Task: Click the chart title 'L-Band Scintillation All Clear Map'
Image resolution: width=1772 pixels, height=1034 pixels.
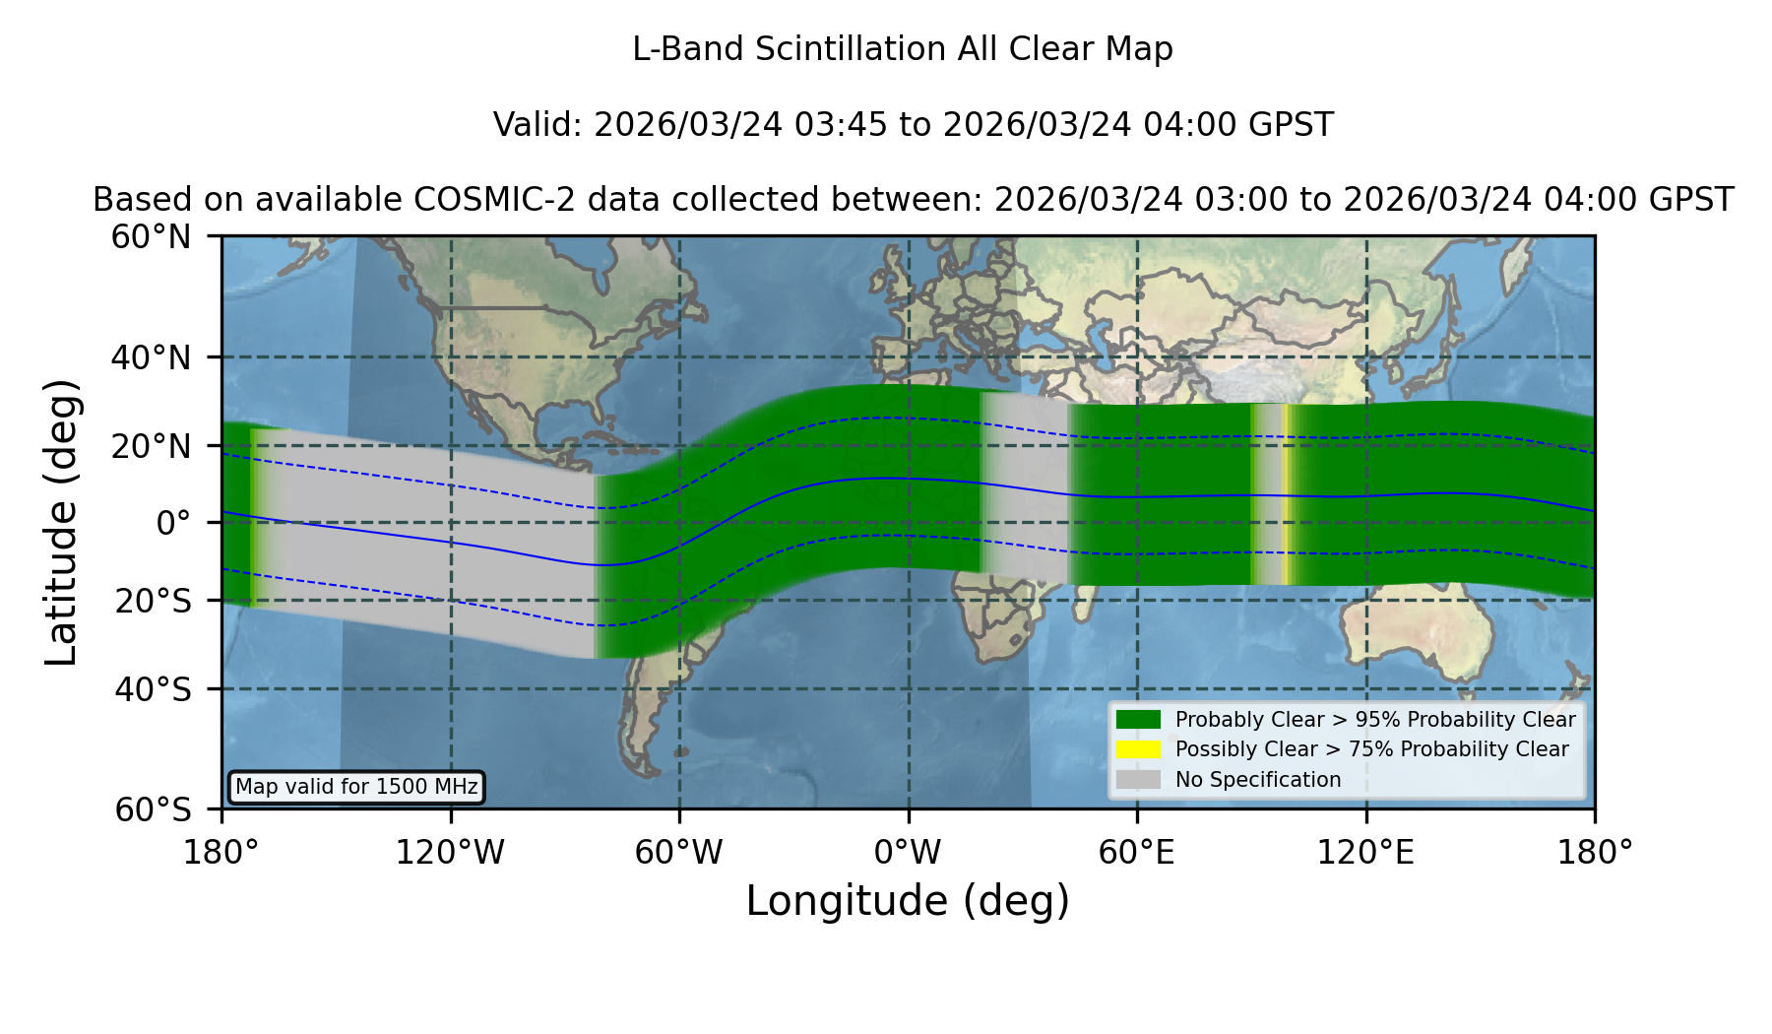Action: pos(902,49)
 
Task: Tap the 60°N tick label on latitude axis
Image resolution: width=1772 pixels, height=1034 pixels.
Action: pos(152,236)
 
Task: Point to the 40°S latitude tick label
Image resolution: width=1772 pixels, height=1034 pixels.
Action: pos(152,689)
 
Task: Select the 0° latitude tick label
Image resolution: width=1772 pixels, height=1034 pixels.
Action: pos(173,523)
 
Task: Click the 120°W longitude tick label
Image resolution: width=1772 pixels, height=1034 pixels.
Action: pos(450,852)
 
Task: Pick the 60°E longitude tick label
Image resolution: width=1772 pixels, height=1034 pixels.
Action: pos(1137,852)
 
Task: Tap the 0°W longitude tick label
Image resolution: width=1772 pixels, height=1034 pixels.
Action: pos(908,852)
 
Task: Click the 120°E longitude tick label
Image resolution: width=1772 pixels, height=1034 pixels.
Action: pos(1365,852)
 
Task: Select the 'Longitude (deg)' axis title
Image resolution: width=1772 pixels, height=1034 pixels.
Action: pos(908,901)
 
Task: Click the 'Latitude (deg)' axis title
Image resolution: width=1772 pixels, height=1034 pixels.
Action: pos(61,522)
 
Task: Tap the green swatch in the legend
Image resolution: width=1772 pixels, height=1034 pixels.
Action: pos(1139,719)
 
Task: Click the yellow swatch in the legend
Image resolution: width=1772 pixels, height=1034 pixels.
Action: pos(1139,749)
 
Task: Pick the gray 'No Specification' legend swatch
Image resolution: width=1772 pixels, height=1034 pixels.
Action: pos(1139,779)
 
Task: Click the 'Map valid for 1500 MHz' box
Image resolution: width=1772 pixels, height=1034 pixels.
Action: pos(356,787)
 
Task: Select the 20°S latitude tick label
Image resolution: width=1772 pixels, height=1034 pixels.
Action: pos(153,601)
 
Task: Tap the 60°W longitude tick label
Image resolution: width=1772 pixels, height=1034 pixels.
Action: pos(678,852)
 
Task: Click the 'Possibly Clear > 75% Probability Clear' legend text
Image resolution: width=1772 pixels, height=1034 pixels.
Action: pos(1372,749)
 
